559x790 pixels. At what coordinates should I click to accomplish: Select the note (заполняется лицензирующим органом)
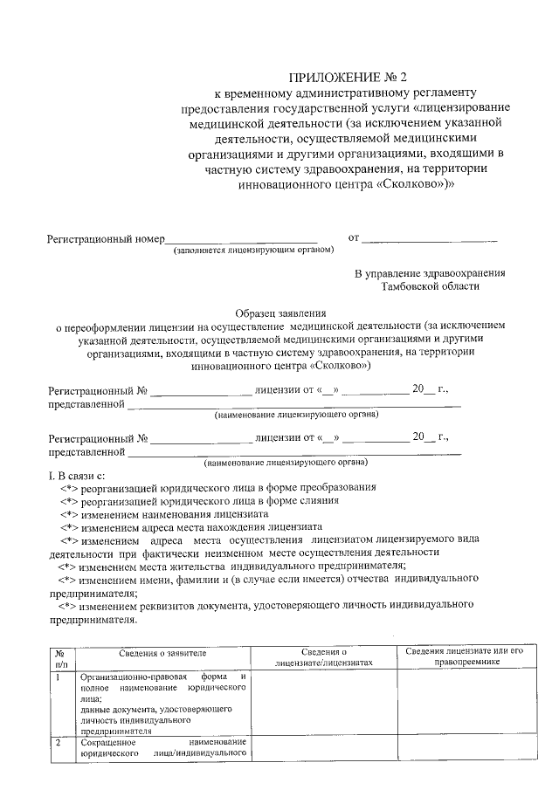click(254, 251)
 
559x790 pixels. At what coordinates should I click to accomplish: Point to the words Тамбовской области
click(430, 286)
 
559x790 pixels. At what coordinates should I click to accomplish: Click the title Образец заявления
click(280, 312)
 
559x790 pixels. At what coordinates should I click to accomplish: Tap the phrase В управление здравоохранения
click(429, 273)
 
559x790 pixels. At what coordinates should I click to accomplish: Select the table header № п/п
click(59, 658)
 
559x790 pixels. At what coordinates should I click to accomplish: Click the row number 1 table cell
click(58, 677)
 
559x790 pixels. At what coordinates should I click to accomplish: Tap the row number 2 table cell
click(58, 743)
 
